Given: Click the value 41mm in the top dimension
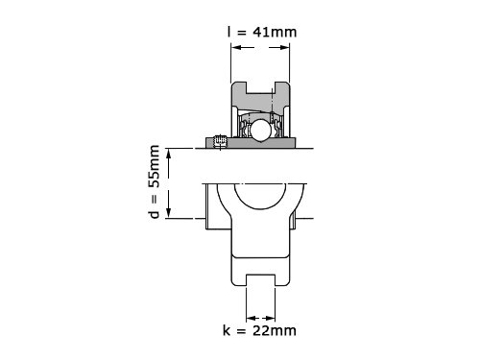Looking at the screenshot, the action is pyautogui.click(x=275, y=32).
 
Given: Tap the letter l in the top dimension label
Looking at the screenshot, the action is pyautogui.click(x=228, y=32).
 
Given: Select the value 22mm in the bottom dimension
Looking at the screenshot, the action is pyautogui.click(x=275, y=330).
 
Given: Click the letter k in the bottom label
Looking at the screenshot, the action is pyautogui.click(x=227, y=330).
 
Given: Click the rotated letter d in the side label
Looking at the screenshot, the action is pyautogui.click(x=155, y=214).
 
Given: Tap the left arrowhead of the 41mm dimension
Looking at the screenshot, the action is pyautogui.click(x=236, y=48).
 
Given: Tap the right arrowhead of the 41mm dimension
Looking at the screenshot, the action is pyautogui.click(x=284, y=48).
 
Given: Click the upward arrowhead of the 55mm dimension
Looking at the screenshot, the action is pyautogui.click(x=169, y=154).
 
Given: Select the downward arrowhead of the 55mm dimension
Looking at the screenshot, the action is pyautogui.click(x=169, y=213).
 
